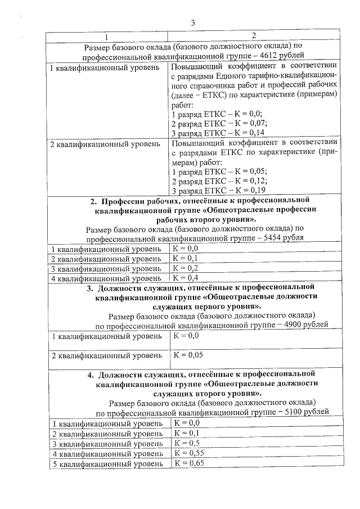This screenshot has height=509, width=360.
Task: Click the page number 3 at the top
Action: coord(193,23)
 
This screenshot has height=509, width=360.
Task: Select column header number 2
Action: coord(254,36)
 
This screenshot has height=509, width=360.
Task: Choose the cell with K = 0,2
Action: coord(186,268)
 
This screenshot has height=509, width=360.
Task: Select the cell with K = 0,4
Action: coord(186,278)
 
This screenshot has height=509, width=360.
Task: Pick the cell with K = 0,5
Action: coord(186,443)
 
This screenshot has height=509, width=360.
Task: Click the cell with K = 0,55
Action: coord(188,453)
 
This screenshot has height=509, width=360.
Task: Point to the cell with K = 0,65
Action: coord(188,463)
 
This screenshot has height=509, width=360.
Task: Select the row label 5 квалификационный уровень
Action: coord(107,464)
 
